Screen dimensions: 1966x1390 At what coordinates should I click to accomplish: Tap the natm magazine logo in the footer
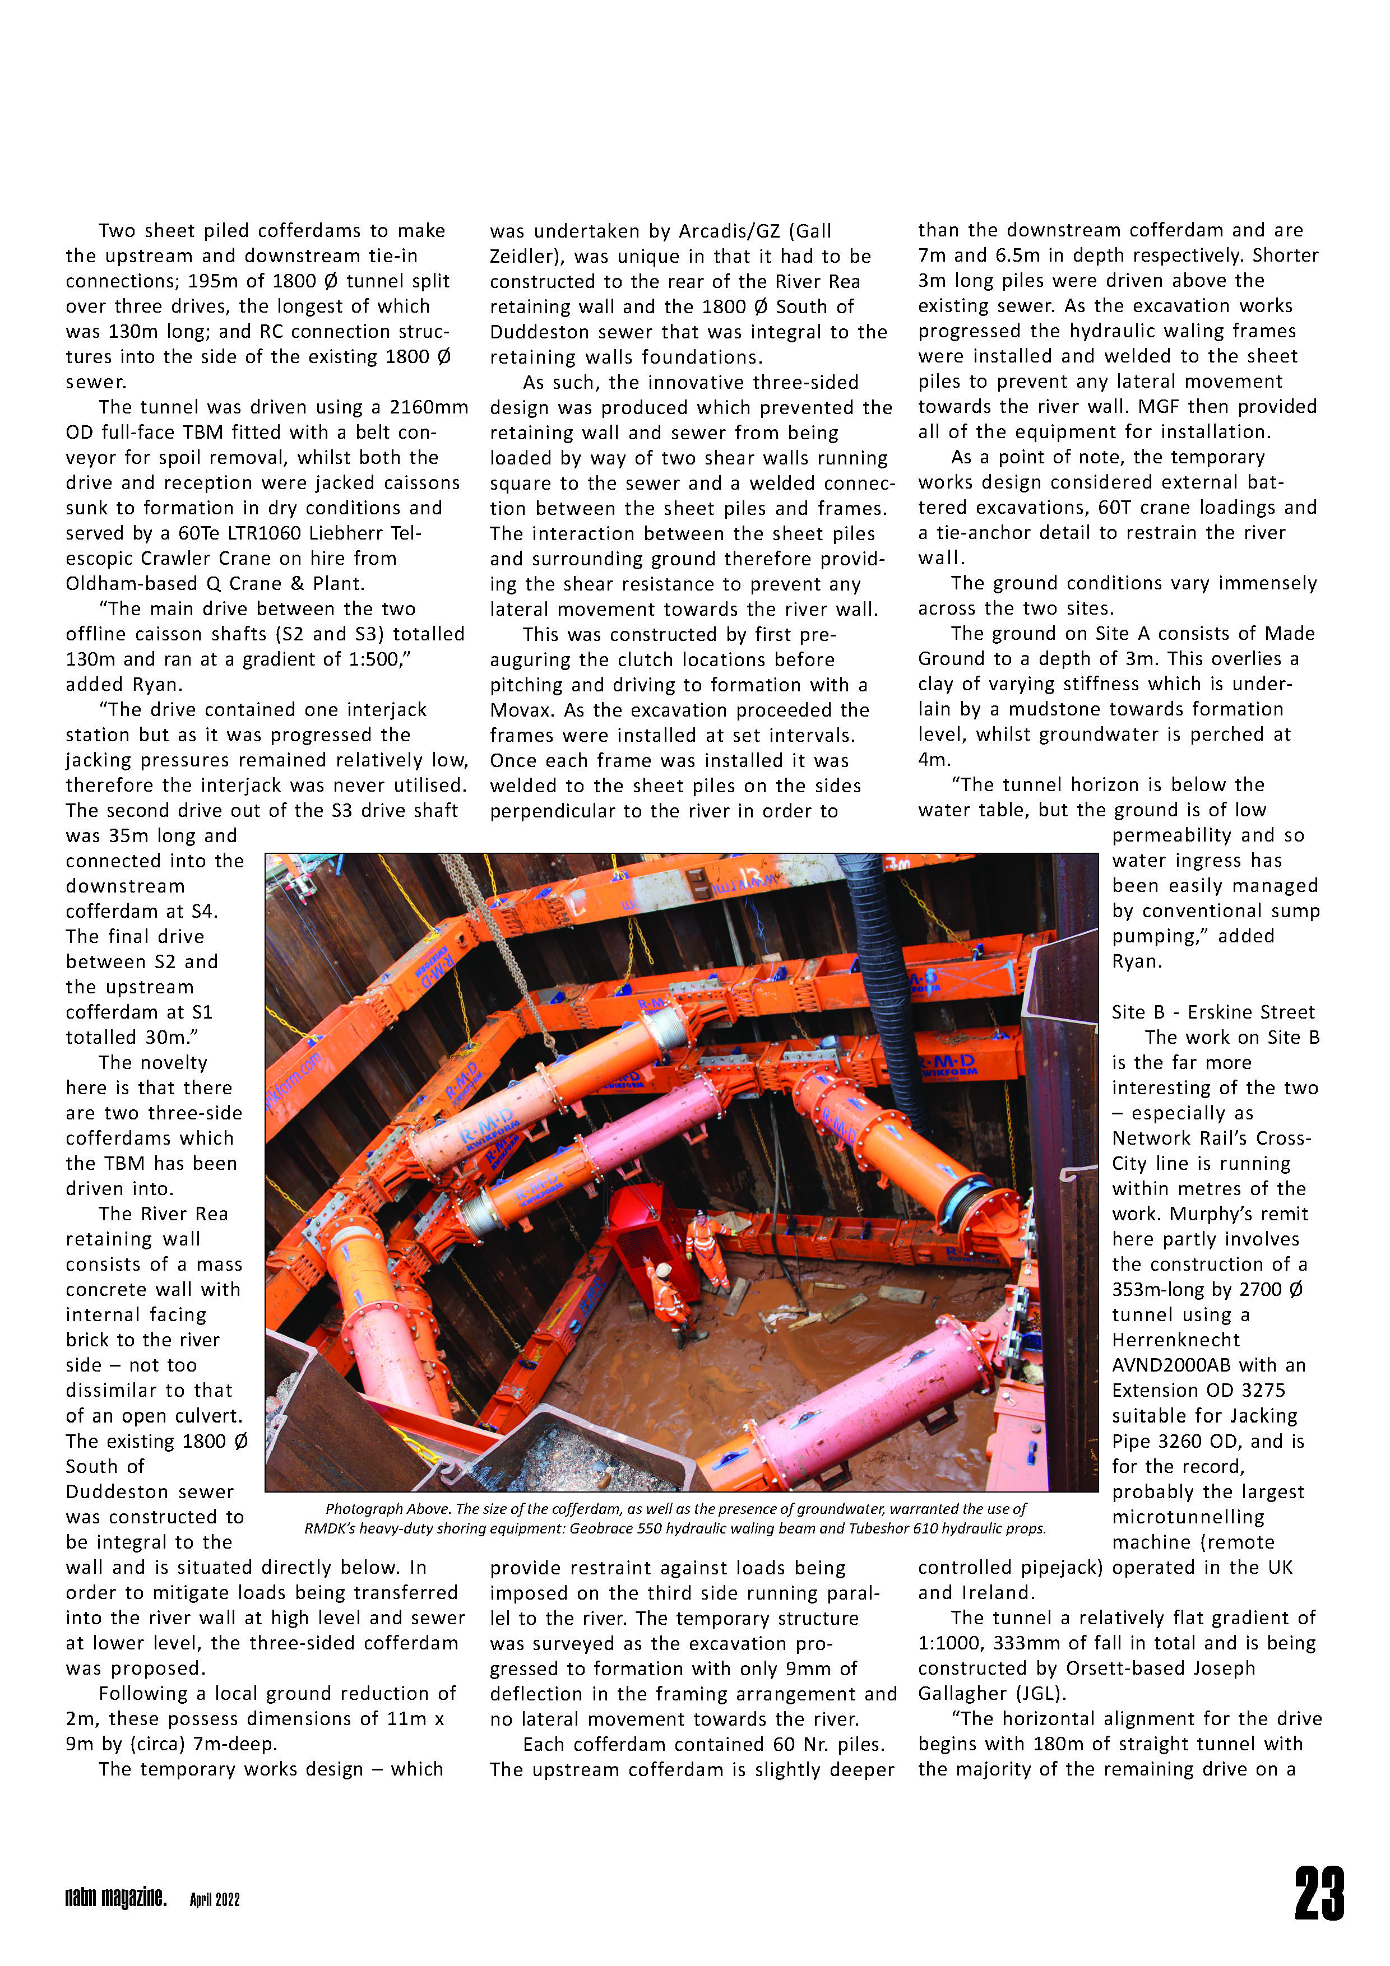pyautogui.click(x=115, y=1898)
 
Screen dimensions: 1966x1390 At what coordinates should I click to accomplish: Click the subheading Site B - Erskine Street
pyautogui.click(x=1213, y=1012)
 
